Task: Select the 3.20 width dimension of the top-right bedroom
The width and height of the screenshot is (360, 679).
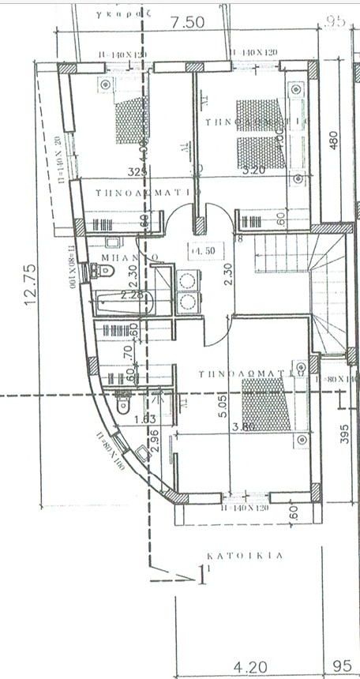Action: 253,170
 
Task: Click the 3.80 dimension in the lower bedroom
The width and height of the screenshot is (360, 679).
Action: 245,427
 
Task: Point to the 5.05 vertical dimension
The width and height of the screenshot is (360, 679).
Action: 223,406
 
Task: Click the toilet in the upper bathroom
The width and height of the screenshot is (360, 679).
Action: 105,271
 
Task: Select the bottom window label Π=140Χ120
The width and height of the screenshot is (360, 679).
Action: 250,507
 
